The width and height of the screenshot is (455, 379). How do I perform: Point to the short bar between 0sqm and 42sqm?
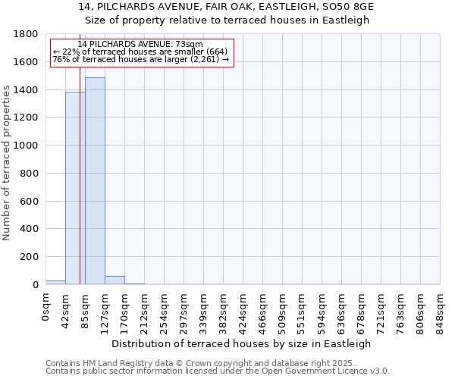[x=55, y=282]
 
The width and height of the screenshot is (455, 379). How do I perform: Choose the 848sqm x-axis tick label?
[x=441, y=312]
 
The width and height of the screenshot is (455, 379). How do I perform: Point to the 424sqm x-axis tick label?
[x=243, y=312]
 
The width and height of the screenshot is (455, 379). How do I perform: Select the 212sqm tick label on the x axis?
[x=145, y=312]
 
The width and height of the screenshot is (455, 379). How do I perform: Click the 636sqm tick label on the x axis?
[x=342, y=312]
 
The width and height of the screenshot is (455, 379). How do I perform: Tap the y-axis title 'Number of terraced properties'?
[x=8, y=163]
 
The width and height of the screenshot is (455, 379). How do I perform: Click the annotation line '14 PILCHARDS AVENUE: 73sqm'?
[x=140, y=45]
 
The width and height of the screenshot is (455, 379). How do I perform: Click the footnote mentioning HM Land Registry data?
[x=216, y=363]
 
